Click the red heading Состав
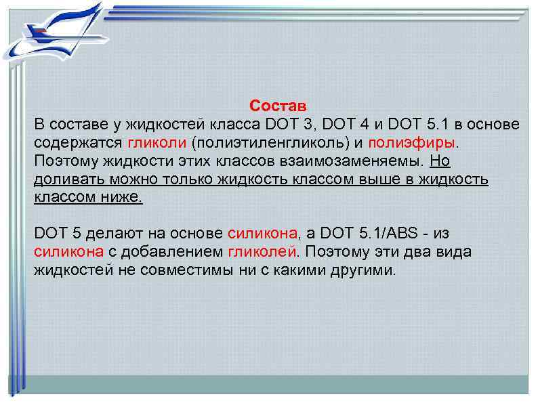tap(278, 106)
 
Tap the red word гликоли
tap(156, 144)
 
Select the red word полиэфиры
tap(415, 144)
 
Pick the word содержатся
tap(78, 144)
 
